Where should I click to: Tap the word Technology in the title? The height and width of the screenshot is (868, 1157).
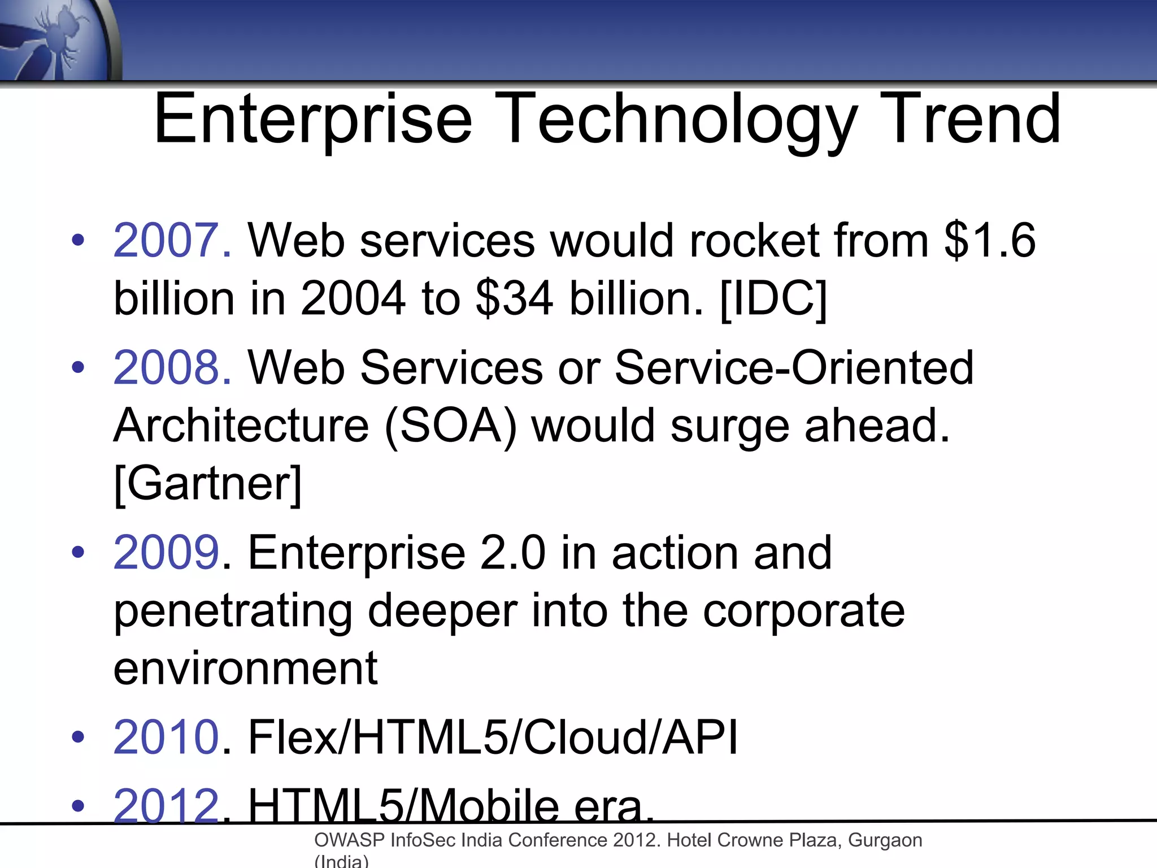676,120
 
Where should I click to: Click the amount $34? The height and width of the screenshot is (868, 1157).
514,298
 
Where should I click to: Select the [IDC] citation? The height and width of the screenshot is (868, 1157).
773,298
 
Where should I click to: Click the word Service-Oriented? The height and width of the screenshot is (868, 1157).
794,368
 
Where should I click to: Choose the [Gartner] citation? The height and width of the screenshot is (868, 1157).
208,484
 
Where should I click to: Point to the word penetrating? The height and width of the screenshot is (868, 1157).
233,611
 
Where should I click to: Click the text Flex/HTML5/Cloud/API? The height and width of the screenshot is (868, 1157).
493,737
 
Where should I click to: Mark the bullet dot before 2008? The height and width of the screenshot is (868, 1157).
78,368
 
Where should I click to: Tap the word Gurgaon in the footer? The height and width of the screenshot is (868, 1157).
885,840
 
